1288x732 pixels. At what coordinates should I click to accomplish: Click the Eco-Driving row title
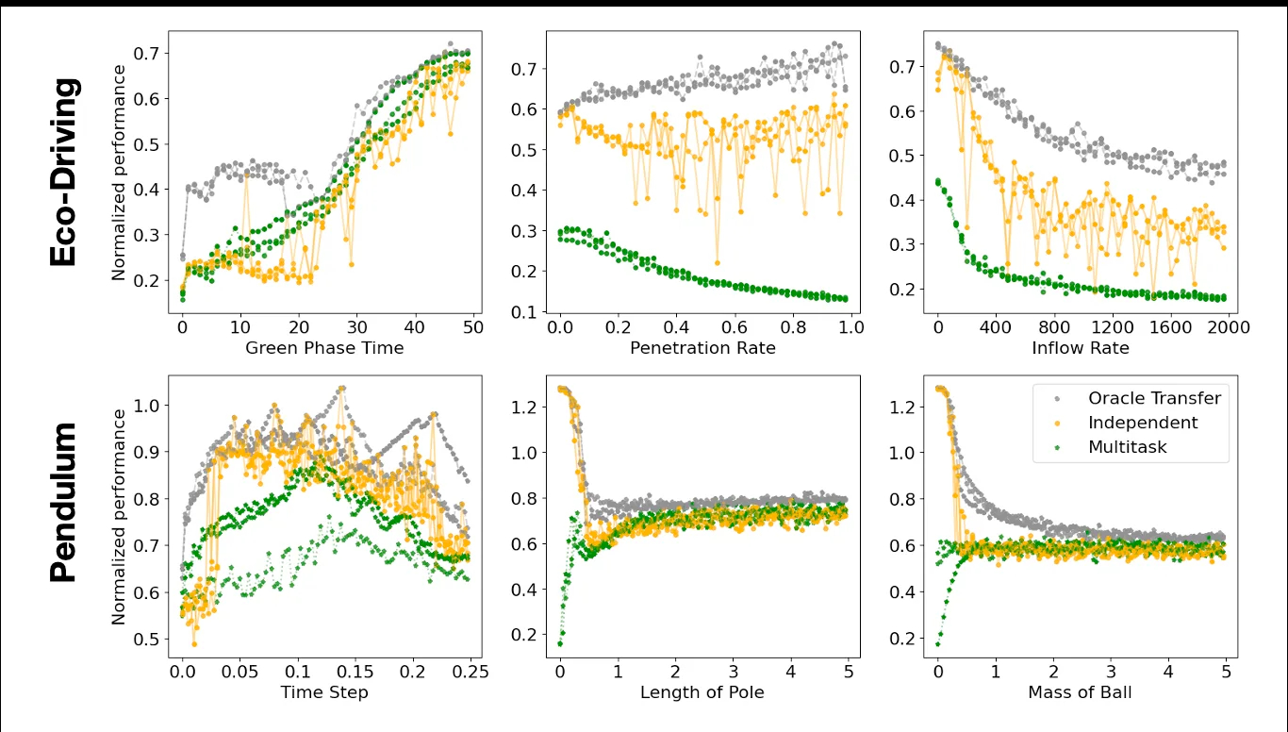click(x=63, y=173)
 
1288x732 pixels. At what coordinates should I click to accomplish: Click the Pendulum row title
click(x=63, y=503)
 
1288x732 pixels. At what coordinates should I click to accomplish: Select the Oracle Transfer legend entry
click(x=1154, y=398)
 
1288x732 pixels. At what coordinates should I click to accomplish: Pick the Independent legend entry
click(x=1143, y=423)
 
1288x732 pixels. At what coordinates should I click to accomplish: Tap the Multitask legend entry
click(x=1127, y=447)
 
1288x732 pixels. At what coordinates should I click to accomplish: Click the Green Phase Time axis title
click(x=324, y=348)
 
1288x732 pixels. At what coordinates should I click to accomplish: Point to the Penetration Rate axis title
click(x=702, y=348)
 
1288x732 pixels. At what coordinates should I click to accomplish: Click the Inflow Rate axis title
click(x=1080, y=348)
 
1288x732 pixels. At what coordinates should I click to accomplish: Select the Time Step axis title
click(x=324, y=692)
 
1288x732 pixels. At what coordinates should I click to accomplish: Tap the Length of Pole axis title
click(x=702, y=692)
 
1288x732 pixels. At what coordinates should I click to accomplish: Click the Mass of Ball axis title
click(x=1080, y=692)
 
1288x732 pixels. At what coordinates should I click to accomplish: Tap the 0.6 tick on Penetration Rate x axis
click(x=735, y=326)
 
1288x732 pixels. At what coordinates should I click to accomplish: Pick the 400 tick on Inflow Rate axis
click(x=996, y=326)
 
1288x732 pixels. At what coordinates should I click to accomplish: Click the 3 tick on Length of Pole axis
click(x=734, y=671)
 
